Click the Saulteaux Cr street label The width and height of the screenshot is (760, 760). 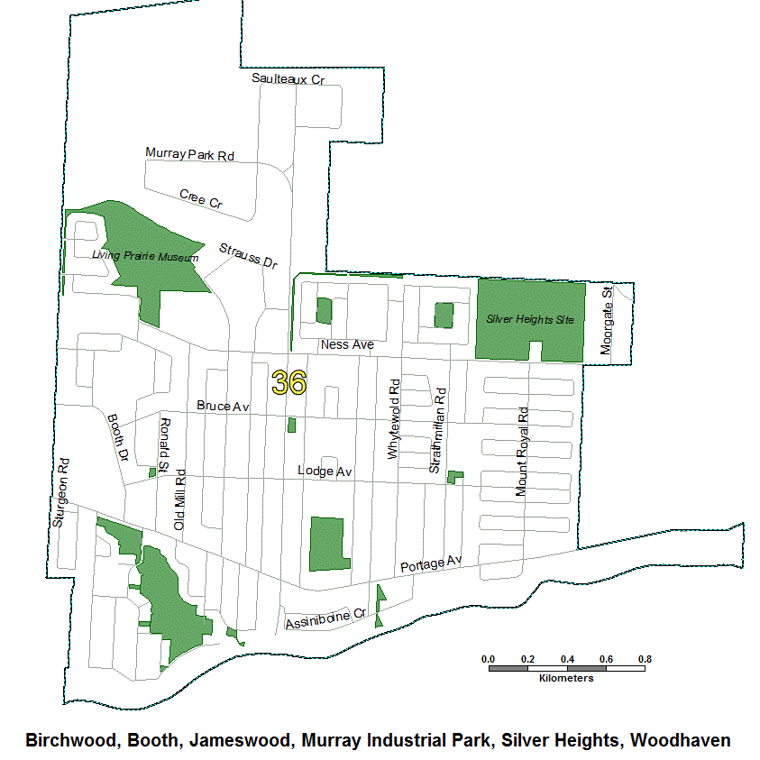tap(288, 80)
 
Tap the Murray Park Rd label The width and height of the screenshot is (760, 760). tap(189, 154)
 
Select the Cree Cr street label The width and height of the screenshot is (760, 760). tap(200, 199)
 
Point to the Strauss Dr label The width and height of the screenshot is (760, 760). tap(248, 256)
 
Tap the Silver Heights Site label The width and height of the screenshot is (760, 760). tap(530, 319)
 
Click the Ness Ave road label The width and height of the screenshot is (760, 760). tap(347, 345)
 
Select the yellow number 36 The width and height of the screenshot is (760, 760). tap(288, 382)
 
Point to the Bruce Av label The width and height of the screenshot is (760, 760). tap(223, 407)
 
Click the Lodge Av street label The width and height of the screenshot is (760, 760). tap(325, 472)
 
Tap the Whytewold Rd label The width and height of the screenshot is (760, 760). tap(393, 420)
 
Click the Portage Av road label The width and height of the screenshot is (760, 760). tap(430, 563)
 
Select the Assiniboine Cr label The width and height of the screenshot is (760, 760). tap(325, 618)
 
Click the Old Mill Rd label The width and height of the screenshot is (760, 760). tap(179, 499)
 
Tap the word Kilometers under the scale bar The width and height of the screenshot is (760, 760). tap(566, 678)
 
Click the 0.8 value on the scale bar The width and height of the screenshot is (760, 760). tap(645, 659)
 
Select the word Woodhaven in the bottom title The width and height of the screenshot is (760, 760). tap(680, 740)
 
